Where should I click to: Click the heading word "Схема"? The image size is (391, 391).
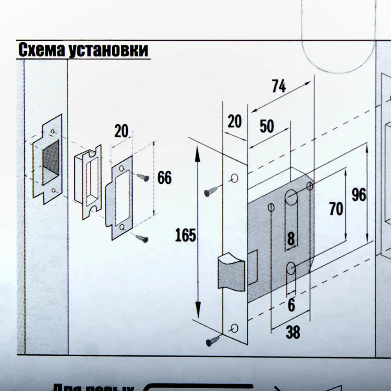(41, 50)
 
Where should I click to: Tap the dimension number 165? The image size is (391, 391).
(185, 236)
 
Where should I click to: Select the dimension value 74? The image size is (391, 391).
(279, 86)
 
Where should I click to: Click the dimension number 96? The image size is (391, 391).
(359, 195)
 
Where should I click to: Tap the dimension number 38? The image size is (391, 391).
(293, 332)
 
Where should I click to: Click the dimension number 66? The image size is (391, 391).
(164, 178)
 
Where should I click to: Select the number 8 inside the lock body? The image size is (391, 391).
(291, 239)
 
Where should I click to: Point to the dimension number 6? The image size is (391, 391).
(291, 305)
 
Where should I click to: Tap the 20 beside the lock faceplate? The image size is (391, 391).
(235, 122)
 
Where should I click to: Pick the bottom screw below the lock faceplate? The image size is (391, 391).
(213, 341)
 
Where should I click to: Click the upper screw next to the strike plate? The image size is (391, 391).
(143, 178)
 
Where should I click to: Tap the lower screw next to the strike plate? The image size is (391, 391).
(142, 238)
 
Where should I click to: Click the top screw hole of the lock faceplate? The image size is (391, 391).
(235, 179)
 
